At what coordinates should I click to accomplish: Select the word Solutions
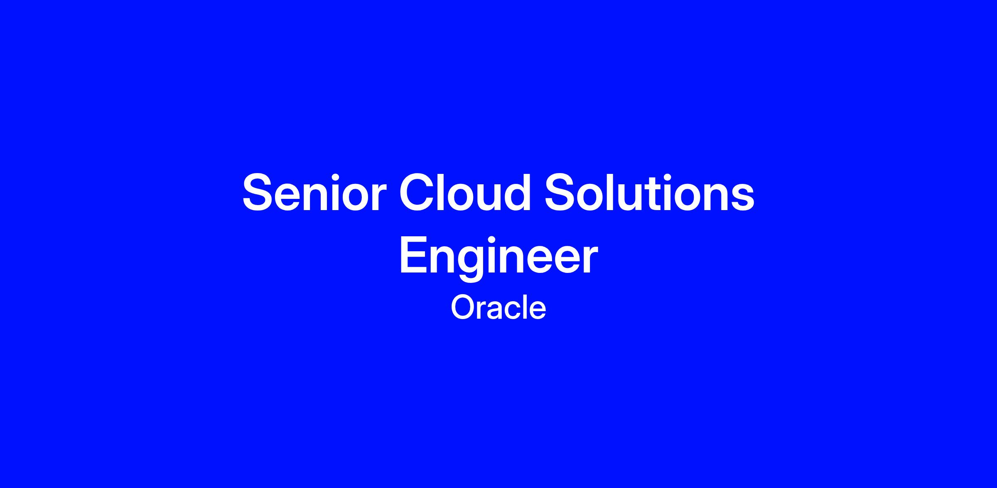(649, 192)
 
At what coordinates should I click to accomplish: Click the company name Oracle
(498, 308)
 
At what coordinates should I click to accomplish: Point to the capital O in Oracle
(462, 308)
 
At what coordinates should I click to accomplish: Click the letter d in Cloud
(517, 192)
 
